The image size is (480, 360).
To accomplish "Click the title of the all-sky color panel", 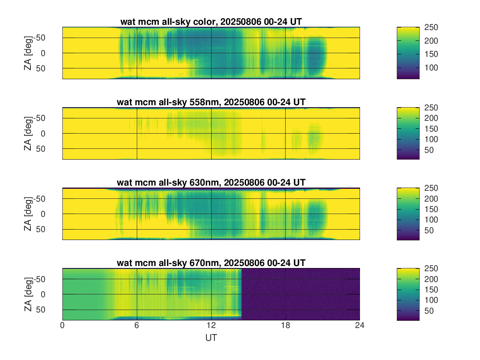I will [211, 22].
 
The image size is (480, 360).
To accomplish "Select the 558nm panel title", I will [211, 102].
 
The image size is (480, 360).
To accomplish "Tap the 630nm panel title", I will [211, 183].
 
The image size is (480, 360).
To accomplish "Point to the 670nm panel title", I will [211, 263].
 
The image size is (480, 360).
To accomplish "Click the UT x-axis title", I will [211, 338].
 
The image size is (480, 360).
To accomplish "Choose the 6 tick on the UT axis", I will [137, 326].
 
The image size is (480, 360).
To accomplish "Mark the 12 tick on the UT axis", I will [211, 326].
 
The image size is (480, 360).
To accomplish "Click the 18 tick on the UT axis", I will [285, 326].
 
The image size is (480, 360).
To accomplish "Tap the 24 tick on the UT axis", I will [360, 326].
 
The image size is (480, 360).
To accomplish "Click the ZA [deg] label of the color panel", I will [28, 53].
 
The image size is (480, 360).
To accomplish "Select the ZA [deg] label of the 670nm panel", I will [28, 294].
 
